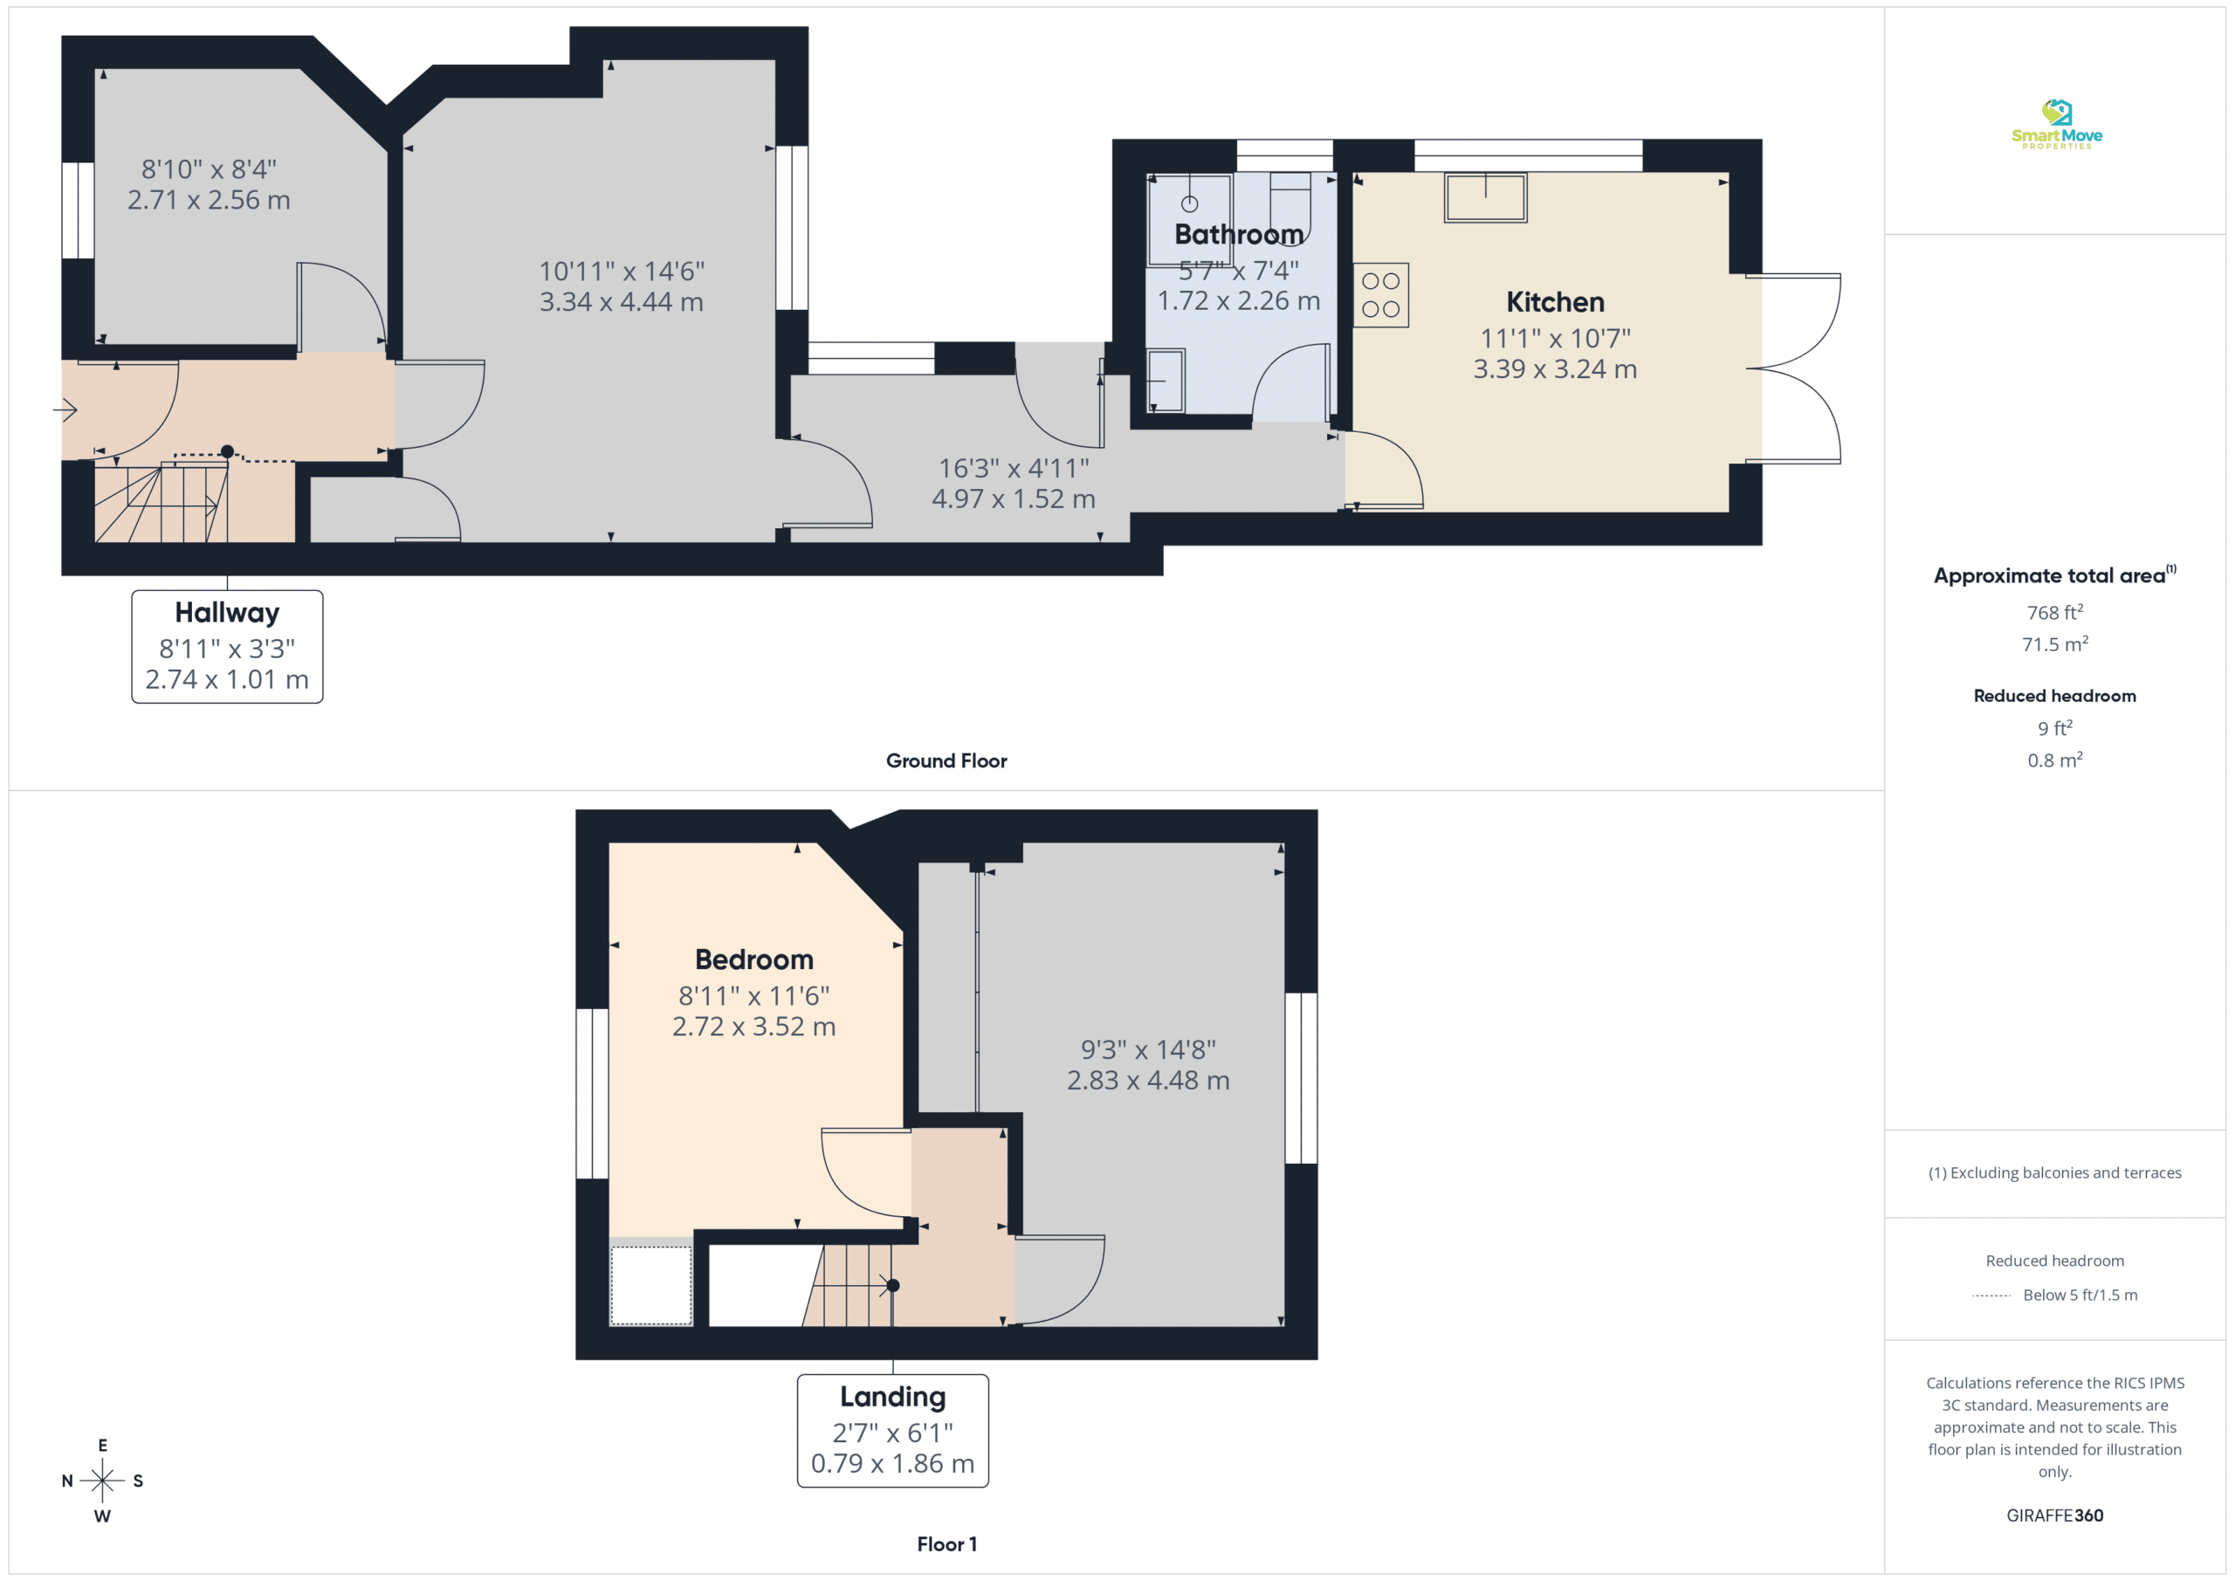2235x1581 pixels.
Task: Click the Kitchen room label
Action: point(1555,302)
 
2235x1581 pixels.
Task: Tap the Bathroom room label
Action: point(1238,235)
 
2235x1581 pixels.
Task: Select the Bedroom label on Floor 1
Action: point(754,960)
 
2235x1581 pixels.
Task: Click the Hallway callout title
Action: point(227,612)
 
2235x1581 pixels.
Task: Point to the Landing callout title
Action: point(892,1397)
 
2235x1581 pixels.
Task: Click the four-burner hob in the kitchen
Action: point(1380,295)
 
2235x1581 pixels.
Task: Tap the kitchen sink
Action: point(1485,197)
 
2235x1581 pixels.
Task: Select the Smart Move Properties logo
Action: point(2056,125)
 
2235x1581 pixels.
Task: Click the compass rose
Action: point(102,1481)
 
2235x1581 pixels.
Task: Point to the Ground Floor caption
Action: point(946,761)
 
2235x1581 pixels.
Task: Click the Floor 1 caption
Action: point(946,1545)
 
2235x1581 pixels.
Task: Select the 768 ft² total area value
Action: point(2055,612)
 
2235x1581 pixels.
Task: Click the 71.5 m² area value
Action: point(2055,644)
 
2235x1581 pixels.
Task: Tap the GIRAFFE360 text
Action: point(2055,1516)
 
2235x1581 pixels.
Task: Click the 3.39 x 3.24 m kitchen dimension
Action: point(1555,370)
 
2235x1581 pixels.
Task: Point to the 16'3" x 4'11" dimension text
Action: point(1014,468)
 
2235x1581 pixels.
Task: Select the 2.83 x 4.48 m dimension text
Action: point(1148,1081)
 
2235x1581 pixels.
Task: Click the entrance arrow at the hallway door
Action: point(65,409)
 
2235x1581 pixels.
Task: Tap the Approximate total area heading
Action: point(2054,575)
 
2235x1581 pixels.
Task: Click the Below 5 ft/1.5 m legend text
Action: point(2080,1295)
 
